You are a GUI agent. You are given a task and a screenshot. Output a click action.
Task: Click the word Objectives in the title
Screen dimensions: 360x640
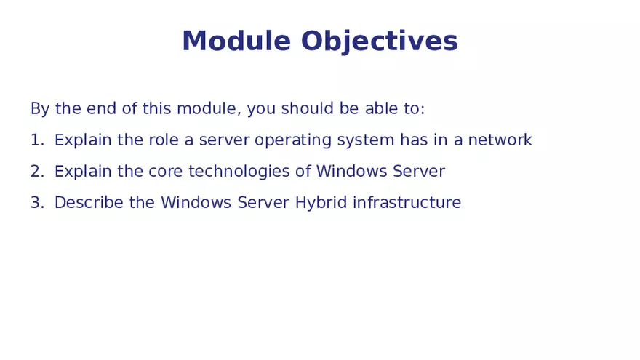point(379,42)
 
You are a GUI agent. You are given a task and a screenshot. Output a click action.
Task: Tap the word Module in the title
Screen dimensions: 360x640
point(236,42)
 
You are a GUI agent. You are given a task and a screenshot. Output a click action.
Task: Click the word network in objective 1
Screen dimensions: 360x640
point(500,140)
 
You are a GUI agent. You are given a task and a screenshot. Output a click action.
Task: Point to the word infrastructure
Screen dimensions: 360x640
point(407,203)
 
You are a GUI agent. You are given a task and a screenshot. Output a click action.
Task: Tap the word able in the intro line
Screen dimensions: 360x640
point(380,109)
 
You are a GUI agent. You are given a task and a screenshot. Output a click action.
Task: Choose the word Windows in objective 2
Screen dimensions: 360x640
point(351,172)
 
